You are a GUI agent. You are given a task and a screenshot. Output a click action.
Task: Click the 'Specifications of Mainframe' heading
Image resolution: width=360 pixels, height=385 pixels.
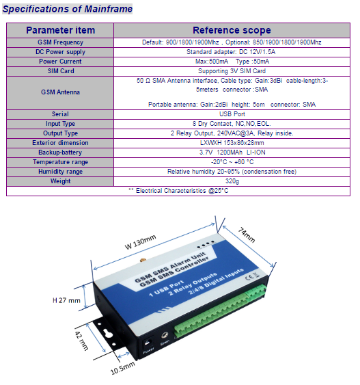click(x=68, y=9)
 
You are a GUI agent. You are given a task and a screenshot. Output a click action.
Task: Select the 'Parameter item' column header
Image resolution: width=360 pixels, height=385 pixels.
click(x=60, y=30)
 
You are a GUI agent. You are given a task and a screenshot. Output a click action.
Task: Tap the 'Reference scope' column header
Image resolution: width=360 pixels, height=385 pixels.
click(x=232, y=30)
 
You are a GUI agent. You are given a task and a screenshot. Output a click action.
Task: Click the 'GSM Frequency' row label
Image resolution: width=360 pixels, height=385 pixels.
click(x=60, y=42)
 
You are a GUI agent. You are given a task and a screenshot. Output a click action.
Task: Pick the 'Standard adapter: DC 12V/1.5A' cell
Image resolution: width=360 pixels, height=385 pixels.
click(x=231, y=52)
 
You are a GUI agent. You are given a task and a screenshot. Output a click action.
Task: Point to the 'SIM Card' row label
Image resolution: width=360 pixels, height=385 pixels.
click(x=61, y=71)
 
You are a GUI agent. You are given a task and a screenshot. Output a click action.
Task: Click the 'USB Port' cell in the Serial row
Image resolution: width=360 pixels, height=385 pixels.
click(x=232, y=114)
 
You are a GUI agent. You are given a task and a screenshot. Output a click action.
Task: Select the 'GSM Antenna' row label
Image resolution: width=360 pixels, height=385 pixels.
click(x=60, y=92)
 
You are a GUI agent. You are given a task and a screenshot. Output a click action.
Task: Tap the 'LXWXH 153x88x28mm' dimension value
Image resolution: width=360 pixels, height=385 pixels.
click(x=232, y=143)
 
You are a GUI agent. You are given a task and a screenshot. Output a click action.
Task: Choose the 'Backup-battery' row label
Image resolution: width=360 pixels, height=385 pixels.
click(x=60, y=152)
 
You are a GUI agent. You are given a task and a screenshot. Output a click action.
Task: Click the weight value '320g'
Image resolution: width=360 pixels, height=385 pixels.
click(x=232, y=181)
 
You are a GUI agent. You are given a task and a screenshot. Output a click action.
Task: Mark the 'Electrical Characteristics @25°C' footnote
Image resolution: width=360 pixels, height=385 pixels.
click(x=182, y=191)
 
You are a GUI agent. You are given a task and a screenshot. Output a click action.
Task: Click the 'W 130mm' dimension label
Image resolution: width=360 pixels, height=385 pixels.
click(x=140, y=242)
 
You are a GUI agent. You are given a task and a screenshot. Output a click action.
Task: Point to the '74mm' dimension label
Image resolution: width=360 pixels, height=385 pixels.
click(x=247, y=235)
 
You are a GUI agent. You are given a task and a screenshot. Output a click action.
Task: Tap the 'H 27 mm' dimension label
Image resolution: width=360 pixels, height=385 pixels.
click(x=66, y=300)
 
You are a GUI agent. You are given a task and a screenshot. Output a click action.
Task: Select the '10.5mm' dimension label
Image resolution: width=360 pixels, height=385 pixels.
click(x=122, y=368)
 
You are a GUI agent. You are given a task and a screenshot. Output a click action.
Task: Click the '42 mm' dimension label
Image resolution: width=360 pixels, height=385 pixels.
click(x=81, y=341)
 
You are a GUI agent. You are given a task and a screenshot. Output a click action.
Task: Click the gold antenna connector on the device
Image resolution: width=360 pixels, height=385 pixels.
click(x=142, y=261)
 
